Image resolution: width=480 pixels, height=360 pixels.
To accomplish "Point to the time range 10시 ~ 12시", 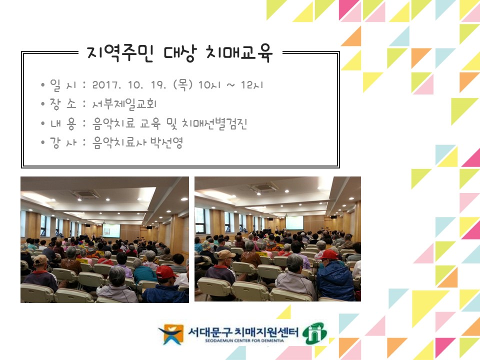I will point(230,85).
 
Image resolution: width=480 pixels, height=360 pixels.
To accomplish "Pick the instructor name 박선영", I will point(167,143).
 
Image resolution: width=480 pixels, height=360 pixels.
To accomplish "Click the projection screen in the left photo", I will point(111,230).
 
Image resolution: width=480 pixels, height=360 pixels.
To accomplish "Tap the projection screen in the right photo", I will point(294,223).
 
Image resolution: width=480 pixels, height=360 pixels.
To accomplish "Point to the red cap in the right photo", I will point(328,254).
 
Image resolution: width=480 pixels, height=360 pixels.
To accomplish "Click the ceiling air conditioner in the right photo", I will point(264,188).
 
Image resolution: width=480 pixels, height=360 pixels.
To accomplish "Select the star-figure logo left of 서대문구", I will point(170,334).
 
